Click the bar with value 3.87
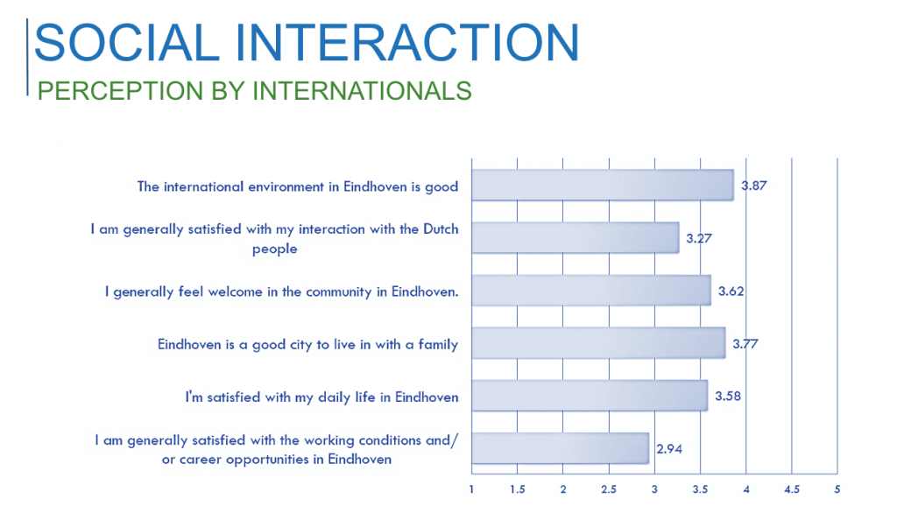click(x=603, y=185)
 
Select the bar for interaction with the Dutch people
click(x=576, y=237)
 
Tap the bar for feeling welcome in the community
click(x=591, y=290)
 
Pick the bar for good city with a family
click(x=598, y=342)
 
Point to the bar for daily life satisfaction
click(x=590, y=395)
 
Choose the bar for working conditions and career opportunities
click(x=561, y=448)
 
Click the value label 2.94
click(x=669, y=449)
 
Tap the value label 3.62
click(x=731, y=292)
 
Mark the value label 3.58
click(x=728, y=397)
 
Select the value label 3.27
click(x=699, y=238)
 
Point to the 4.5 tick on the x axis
click(x=792, y=489)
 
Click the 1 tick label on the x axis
click(x=471, y=489)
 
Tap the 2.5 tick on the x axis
click(x=609, y=489)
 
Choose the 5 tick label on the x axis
click(x=837, y=489)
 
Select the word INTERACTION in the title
click(x=407, y=42)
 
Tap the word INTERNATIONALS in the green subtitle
click(x=362, y=91)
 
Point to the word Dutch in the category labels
click(x=441, y=228)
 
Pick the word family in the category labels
click(x=438, y=345)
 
